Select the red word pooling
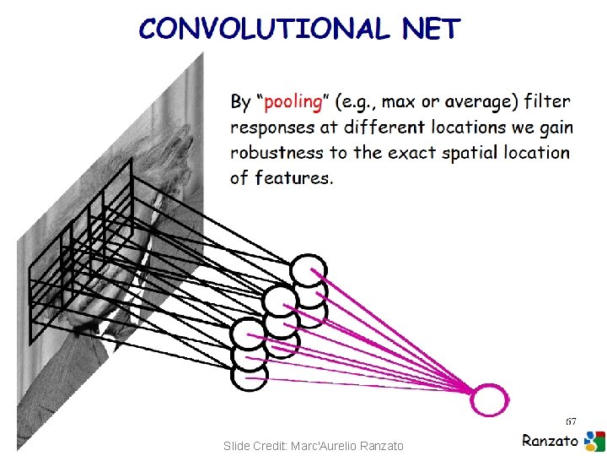click(x=293, y=102)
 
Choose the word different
click(x=385, y=128)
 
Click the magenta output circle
click(x=490, y=399)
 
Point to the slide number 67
click(x=571, y=421)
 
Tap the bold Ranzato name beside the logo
click(x=551, y=440)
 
